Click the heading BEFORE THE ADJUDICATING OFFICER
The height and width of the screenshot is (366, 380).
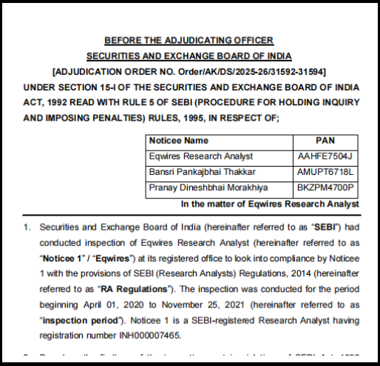point(189,40)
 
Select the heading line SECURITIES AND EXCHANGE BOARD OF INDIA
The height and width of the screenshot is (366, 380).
point(189,56)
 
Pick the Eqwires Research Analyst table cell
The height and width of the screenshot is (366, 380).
point(201,156)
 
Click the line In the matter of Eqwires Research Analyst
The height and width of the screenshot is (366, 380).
point(269,203)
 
